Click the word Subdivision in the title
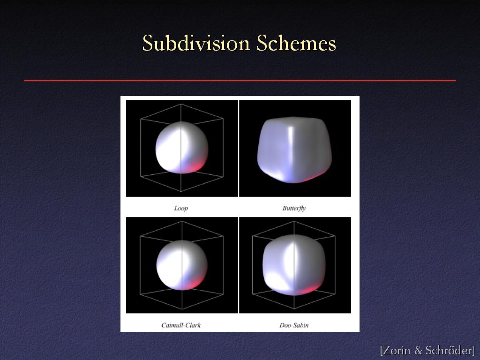196,43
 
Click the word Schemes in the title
296,43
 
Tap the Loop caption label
181,209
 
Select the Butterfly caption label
294,208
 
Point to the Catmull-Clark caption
181,325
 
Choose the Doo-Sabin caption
294,325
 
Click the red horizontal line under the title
240,81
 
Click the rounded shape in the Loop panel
182,148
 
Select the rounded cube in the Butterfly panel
294,150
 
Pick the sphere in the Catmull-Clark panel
182,265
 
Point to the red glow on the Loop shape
196,167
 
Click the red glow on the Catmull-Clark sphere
195,284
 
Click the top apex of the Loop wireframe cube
181,104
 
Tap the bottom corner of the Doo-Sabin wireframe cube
294,308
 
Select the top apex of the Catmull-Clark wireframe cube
182,221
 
